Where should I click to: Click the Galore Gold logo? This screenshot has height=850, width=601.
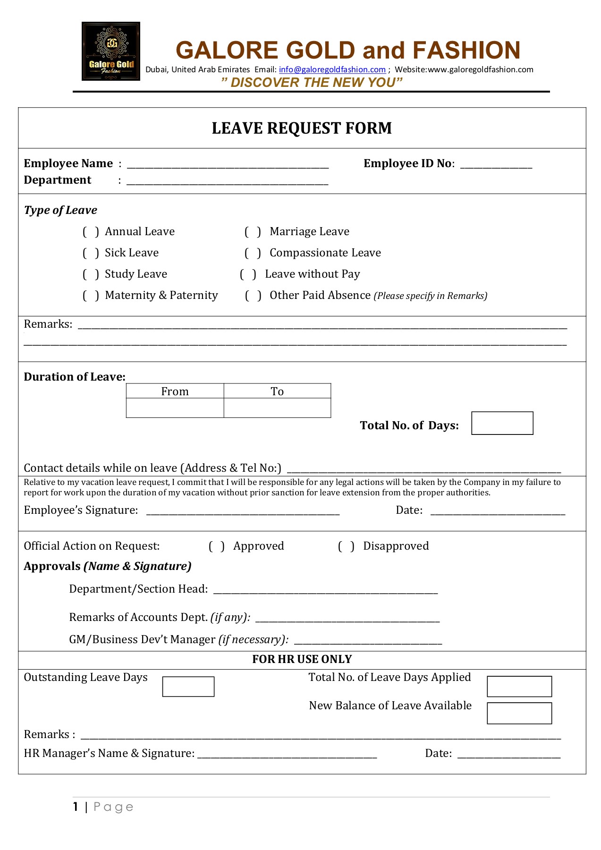[110, 51]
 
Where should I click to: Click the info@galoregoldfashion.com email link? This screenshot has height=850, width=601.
[332, 69]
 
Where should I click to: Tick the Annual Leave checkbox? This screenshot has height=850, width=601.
[91, 232]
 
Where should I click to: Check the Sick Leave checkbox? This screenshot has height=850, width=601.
[91, 253]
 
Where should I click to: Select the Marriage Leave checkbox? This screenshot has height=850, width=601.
[253, 232]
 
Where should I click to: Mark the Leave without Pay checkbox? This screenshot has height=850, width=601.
[248, 274]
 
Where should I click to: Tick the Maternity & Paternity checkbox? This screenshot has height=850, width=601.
[91, 296]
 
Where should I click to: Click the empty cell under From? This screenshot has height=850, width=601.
[175, 408]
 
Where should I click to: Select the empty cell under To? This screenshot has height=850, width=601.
[277, 408]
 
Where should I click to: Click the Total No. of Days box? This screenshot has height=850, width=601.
[502, 423]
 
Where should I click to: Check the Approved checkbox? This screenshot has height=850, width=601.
[216, 546]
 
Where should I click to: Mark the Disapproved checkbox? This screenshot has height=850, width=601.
[346, 546]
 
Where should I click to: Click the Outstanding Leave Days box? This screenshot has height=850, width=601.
[188, 687]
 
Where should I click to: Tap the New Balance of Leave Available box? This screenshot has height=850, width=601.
[519, 713]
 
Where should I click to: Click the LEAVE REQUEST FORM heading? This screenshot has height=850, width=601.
[302, 128]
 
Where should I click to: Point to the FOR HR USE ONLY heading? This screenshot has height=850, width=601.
[302, 659]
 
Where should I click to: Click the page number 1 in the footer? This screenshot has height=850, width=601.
[76, 807]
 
